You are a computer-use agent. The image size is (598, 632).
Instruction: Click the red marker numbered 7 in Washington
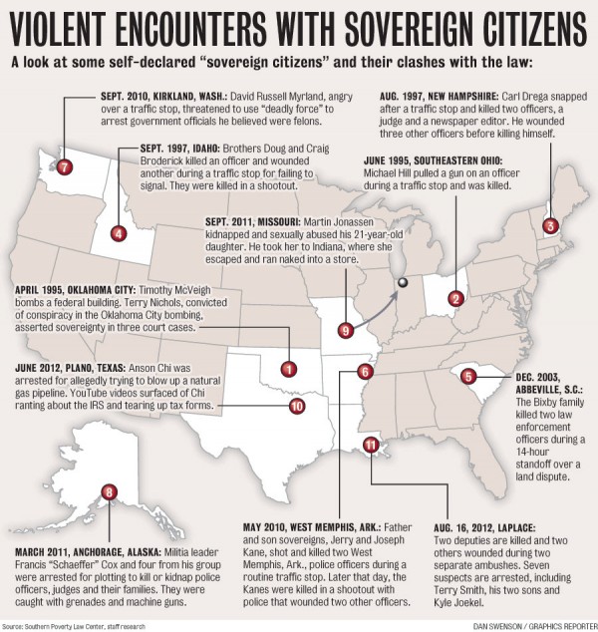(65, 166)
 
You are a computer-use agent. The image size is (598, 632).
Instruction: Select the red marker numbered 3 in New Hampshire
(549, 226)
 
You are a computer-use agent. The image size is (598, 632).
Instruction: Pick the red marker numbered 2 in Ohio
(455, 298)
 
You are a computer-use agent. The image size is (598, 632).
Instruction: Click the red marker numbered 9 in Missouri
(347, 330)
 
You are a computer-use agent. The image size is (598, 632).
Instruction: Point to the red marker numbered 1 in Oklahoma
(288, 369)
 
